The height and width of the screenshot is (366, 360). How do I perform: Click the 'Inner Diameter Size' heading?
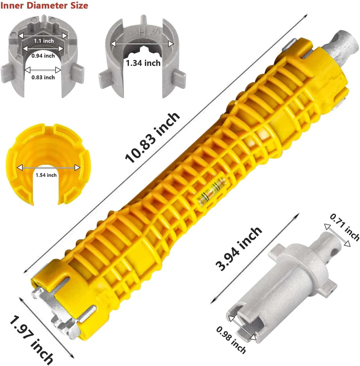[x=44, y=5]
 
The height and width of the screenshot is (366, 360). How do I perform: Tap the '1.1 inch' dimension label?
[x=44, y=41]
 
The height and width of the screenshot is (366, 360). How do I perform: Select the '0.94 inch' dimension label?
[x=43, y=56]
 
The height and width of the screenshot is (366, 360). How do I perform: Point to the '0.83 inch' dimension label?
[x=43, y=77]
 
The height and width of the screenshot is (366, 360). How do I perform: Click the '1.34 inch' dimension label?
[x=143, y=63]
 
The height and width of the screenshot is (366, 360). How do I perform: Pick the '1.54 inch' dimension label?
[x=46, y=175]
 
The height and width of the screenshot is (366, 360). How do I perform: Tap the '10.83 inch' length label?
[x=152, y=138]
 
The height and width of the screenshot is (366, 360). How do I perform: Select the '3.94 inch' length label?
[x=239, y=249]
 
